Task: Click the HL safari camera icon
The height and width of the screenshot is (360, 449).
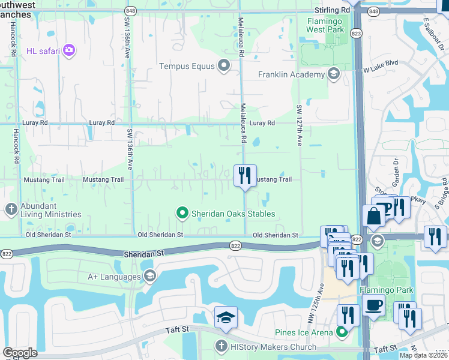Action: [70, 50]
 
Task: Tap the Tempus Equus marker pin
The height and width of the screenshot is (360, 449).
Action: [224, 66]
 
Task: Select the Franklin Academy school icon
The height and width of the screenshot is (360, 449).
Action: [334, 74]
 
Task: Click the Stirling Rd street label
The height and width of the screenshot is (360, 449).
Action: [332, 11]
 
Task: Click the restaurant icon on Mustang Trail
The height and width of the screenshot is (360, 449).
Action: [244, 176]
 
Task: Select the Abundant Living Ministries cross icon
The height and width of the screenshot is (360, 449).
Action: [10, 209]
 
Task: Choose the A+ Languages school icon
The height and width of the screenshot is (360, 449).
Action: [149, 276]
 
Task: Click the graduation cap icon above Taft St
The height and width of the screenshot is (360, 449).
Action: [226, 317]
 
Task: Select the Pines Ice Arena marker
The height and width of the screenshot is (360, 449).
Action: [342, 332]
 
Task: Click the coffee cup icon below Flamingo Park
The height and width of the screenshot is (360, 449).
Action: [374, 305]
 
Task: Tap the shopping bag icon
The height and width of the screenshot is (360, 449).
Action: [373, 215]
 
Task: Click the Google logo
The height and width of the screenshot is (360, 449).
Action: [20, 352]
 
